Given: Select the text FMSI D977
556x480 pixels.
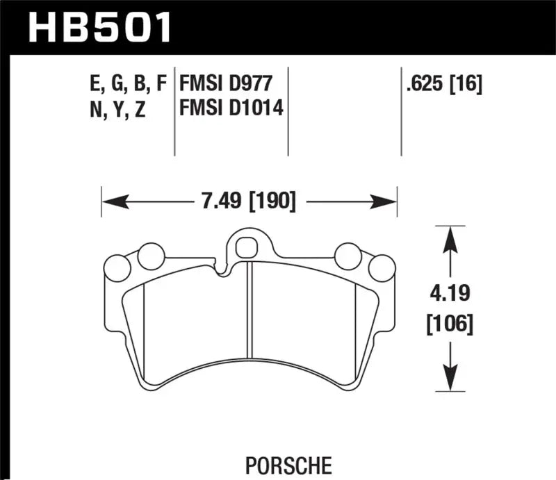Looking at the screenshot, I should (x=224, y=85).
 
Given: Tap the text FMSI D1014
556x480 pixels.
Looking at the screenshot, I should (x=232, y=109).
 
